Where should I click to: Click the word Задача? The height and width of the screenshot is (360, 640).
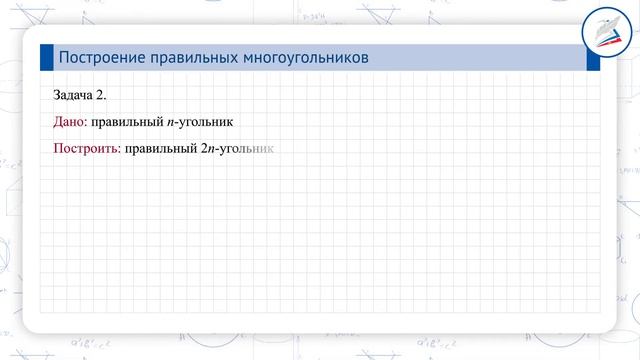point(74,95)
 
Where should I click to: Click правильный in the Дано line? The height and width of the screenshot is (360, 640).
point(124,122)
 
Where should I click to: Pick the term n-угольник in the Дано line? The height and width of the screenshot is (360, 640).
point(197,122)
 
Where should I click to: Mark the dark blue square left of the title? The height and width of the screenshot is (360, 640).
point(46,58)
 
